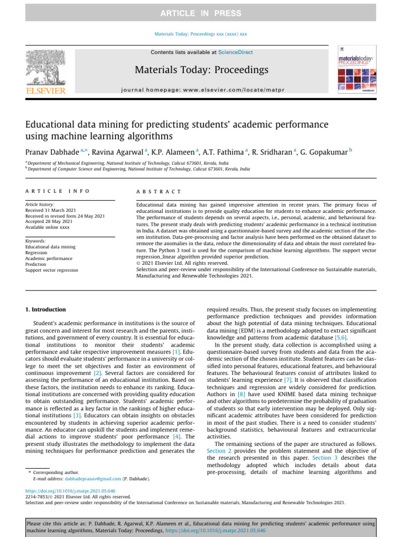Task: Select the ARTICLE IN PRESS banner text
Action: click(x=201, y=13)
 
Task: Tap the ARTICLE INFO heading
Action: click(x=58, y=192)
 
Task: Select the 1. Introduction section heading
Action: click(x=46, y=309)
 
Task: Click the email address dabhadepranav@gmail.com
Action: click(x=93, y=479)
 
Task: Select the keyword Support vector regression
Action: click(x=52, y=270)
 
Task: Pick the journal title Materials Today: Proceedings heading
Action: click(x=202, y=70)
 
